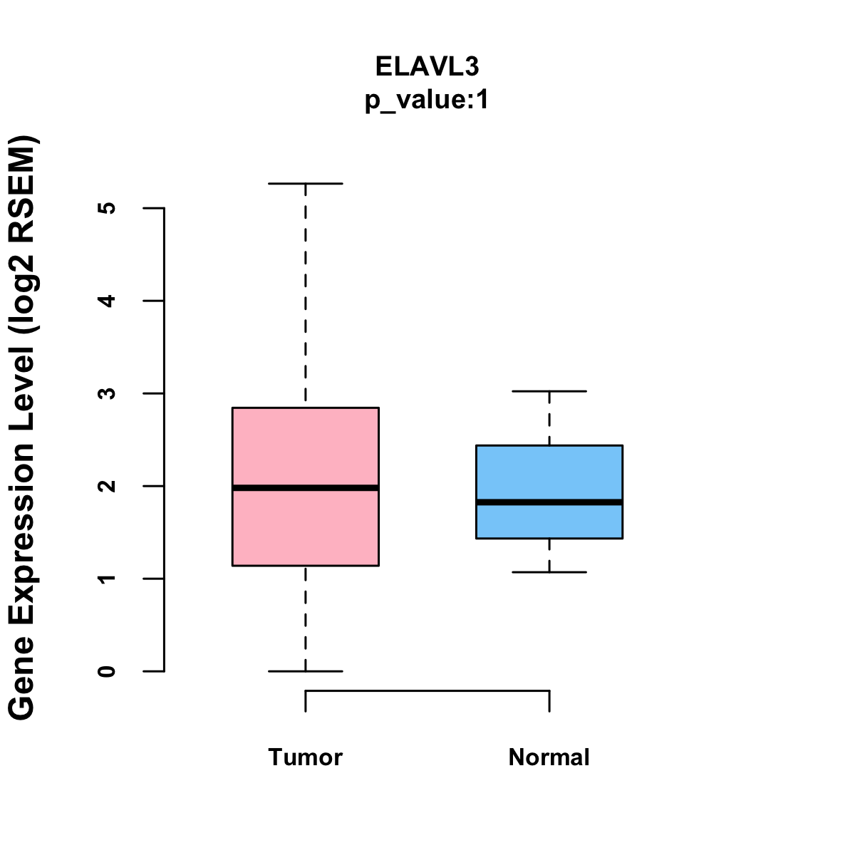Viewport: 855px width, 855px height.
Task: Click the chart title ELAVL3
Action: click(x=427, y=66)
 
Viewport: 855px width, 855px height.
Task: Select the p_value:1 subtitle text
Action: click(x=427, y=100)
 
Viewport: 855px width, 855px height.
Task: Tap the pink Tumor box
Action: click(x=305, y=442)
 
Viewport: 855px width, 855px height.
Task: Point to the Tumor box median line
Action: click(x=305, y=488)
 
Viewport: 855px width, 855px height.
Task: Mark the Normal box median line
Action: click(x=549, y=502)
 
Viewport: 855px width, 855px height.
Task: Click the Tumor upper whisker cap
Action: click(x=305, y=184)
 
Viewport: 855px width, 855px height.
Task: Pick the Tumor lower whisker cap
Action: click(x=305, y=671)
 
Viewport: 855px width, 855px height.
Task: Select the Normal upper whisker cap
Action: click(x=549, y=391)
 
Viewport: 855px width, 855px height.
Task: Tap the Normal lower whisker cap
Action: click(x=549, y=572)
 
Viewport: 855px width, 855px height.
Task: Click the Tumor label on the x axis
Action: click(x=305, y=757)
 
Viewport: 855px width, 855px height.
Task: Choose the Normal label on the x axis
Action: click(x=549, y=757)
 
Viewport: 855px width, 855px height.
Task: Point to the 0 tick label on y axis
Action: click(x=108, y=671)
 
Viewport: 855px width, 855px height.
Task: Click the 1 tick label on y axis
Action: click(x=108, y=579)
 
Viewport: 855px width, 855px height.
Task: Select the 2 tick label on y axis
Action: click(x=108, y=486)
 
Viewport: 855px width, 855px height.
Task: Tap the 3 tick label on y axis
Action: click(x=108, y=393)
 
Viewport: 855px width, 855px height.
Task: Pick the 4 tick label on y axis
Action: click(x=108, y=301)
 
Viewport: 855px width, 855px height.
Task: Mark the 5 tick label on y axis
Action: click(x=108, y=208)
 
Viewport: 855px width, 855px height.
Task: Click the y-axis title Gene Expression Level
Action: click(x=22, y=427)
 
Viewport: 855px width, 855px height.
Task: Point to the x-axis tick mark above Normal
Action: click(x=549, y=701)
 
